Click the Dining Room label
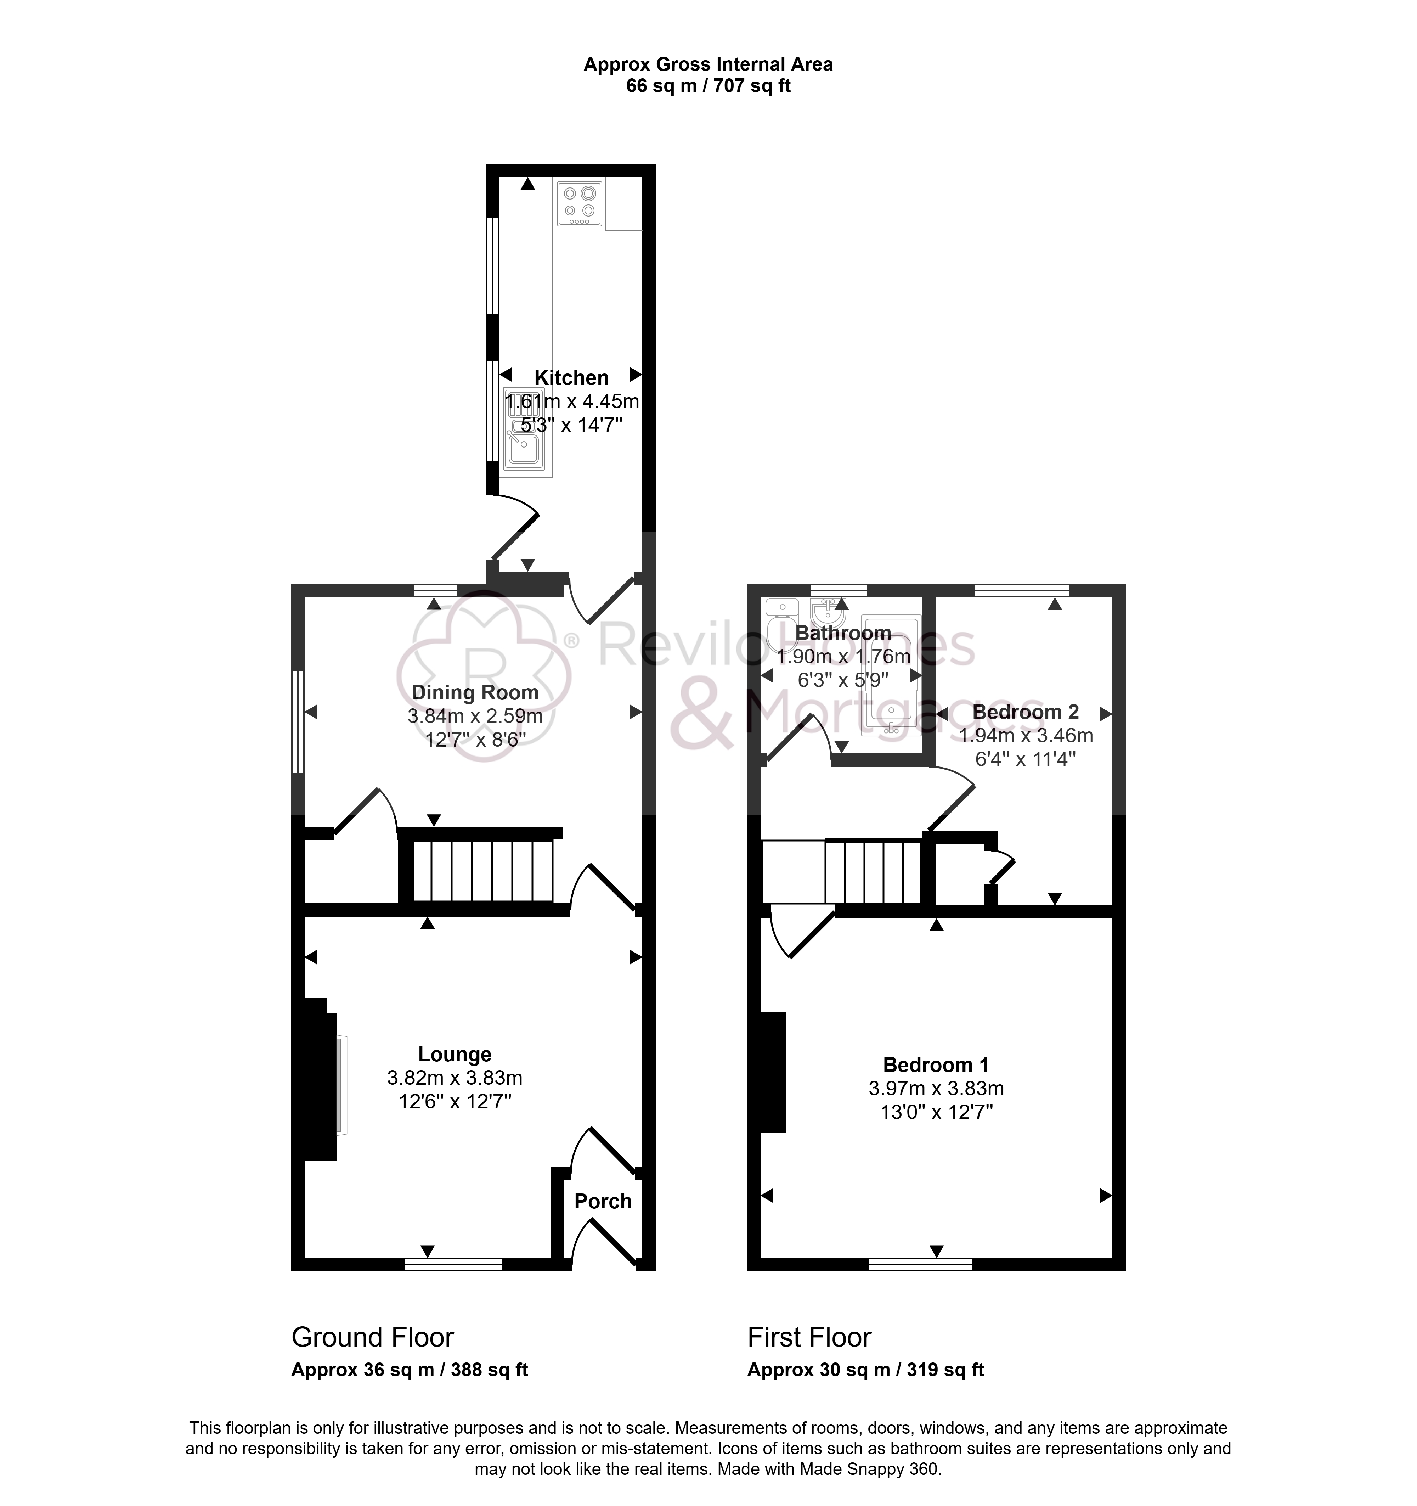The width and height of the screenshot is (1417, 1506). tap(475, 692)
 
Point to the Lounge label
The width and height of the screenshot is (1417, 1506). tap(455, 1055)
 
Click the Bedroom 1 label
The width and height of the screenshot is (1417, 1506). tap(936, 1065)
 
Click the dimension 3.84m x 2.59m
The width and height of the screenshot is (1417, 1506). tap(475, 716)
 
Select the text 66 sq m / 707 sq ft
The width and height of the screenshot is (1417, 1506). tap(708, 86)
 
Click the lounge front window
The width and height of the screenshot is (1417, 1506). tap(454, 1264)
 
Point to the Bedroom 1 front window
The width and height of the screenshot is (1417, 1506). tap(920, 1264)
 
